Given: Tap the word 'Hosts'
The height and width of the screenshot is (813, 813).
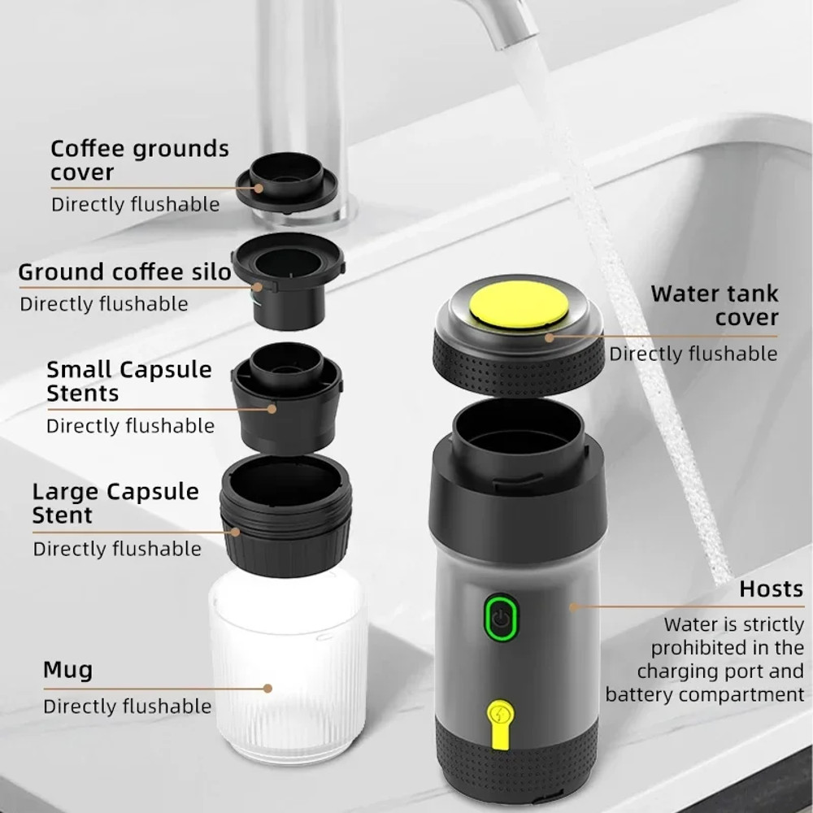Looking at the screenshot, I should pyautogui.click(x=771, y=589).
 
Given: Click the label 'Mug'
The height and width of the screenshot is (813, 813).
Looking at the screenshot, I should pyautogui.click(x=68, y=671).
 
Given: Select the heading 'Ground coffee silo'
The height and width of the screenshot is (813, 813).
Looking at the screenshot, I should pyautogui.click(x=125, y=272).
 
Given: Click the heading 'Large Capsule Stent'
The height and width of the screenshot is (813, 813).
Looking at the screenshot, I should pyautogui.click(x=115, y=502).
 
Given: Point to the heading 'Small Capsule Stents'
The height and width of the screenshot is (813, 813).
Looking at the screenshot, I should pyautogui.click(x=128, y=380).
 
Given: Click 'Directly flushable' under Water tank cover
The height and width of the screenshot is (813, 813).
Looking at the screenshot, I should pyautogui.click(x=693, y=354).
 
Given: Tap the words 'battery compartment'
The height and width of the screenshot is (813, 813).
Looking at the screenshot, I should pyautogui.click(x=704, y=694).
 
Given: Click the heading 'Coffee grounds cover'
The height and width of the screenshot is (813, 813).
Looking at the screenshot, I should pyautogui.click(x=139, y=160).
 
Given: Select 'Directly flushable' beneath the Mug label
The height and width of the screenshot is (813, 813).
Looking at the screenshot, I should pyautogui.click(x=127, y=706).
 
